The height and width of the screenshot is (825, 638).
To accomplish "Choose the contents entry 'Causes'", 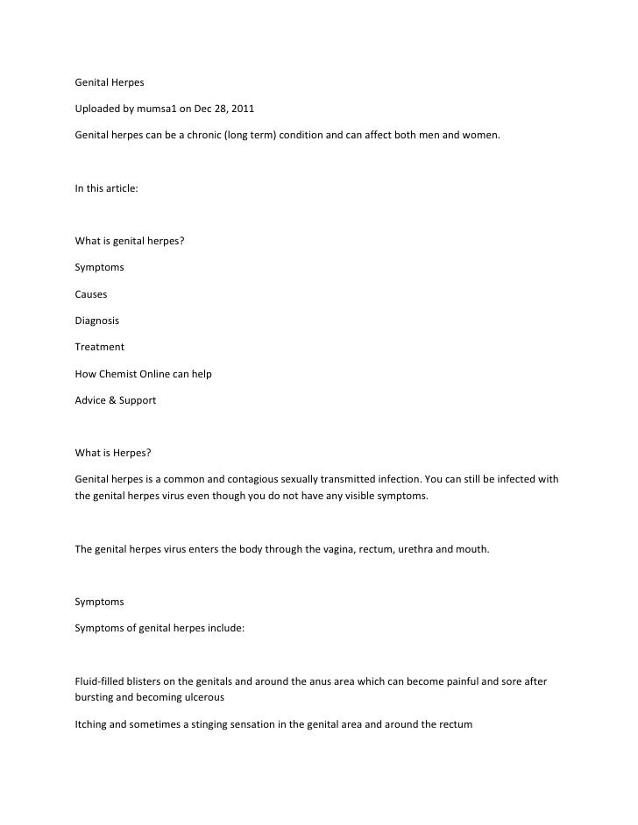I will pyautogui.click(x=91, y=294).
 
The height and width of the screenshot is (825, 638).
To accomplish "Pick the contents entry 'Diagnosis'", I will pyautogui.click(x=96, y=321).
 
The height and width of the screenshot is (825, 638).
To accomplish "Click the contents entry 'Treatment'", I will pyautogui.click(x=99, y=347).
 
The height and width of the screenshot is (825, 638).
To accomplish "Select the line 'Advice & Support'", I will pyautogui.click(x=116, y=399).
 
